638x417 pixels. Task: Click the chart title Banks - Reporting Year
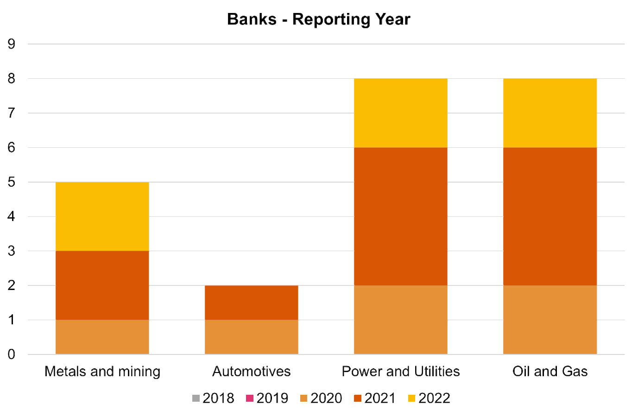coord(319,19)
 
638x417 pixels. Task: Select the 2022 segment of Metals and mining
coord(102,216)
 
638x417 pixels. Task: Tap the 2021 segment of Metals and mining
coord(102,285)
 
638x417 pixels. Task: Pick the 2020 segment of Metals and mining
coord(102,337)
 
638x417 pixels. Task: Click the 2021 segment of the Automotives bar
coord(252,303)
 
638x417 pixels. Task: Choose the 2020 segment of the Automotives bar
coord(252,337)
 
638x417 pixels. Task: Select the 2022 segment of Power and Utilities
coord(401,113)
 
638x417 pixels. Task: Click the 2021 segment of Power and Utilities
coord(401,216)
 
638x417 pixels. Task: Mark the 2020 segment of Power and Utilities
coord(401,320)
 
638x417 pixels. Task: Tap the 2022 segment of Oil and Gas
coord(550,113)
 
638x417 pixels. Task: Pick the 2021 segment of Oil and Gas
coord(550,216)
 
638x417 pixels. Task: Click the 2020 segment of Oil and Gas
coord(550,320)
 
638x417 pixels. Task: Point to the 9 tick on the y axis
coord(12,44)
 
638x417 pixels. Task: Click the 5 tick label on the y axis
coord(12,182)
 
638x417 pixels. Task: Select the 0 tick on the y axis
coord(12,354)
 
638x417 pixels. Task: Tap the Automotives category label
coord(252,371)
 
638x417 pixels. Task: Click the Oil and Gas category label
coord(550,371)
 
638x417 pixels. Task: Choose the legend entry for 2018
coord(213,398)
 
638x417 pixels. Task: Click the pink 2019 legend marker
coord(250,398)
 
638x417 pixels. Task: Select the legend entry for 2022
coord(429,398)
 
